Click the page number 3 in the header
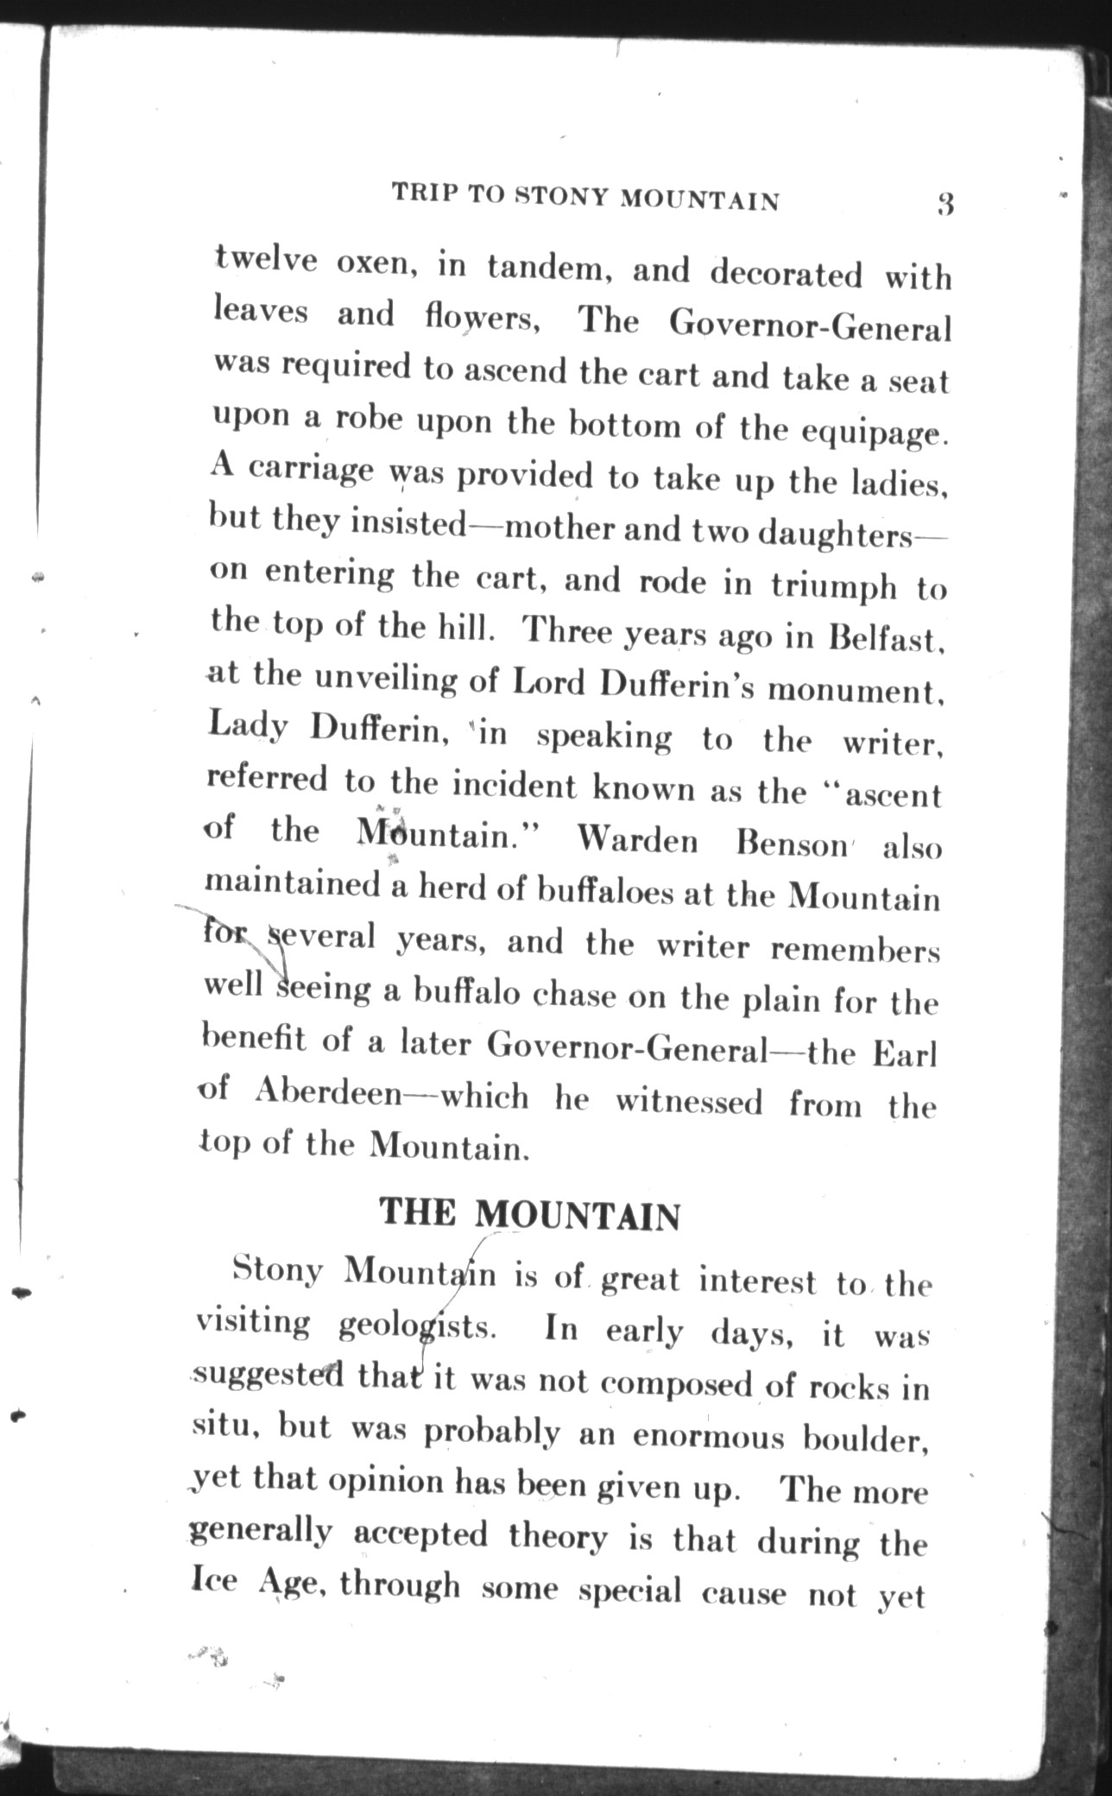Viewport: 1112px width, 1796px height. (945, 205)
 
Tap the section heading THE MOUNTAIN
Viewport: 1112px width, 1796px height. (530, 1214)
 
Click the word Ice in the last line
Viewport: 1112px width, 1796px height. (212, 1583)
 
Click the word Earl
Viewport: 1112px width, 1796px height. (905, 1054)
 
